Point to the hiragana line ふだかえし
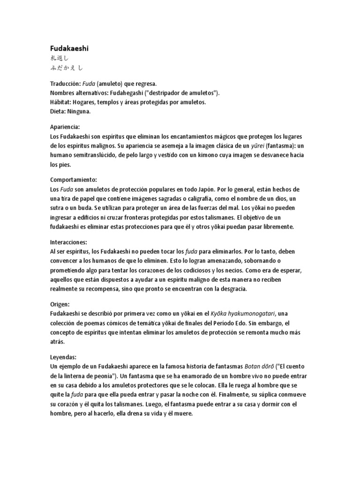[67, 67]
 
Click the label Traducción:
[64, 84]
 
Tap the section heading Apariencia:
[65, 127]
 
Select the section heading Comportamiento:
[74, 180]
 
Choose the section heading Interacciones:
[68, 242]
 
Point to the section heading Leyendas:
[63, 357]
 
